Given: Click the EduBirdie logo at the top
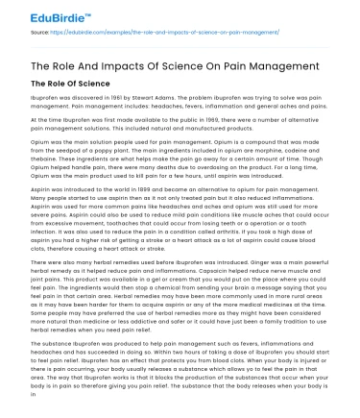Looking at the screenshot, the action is pos(39,13).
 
